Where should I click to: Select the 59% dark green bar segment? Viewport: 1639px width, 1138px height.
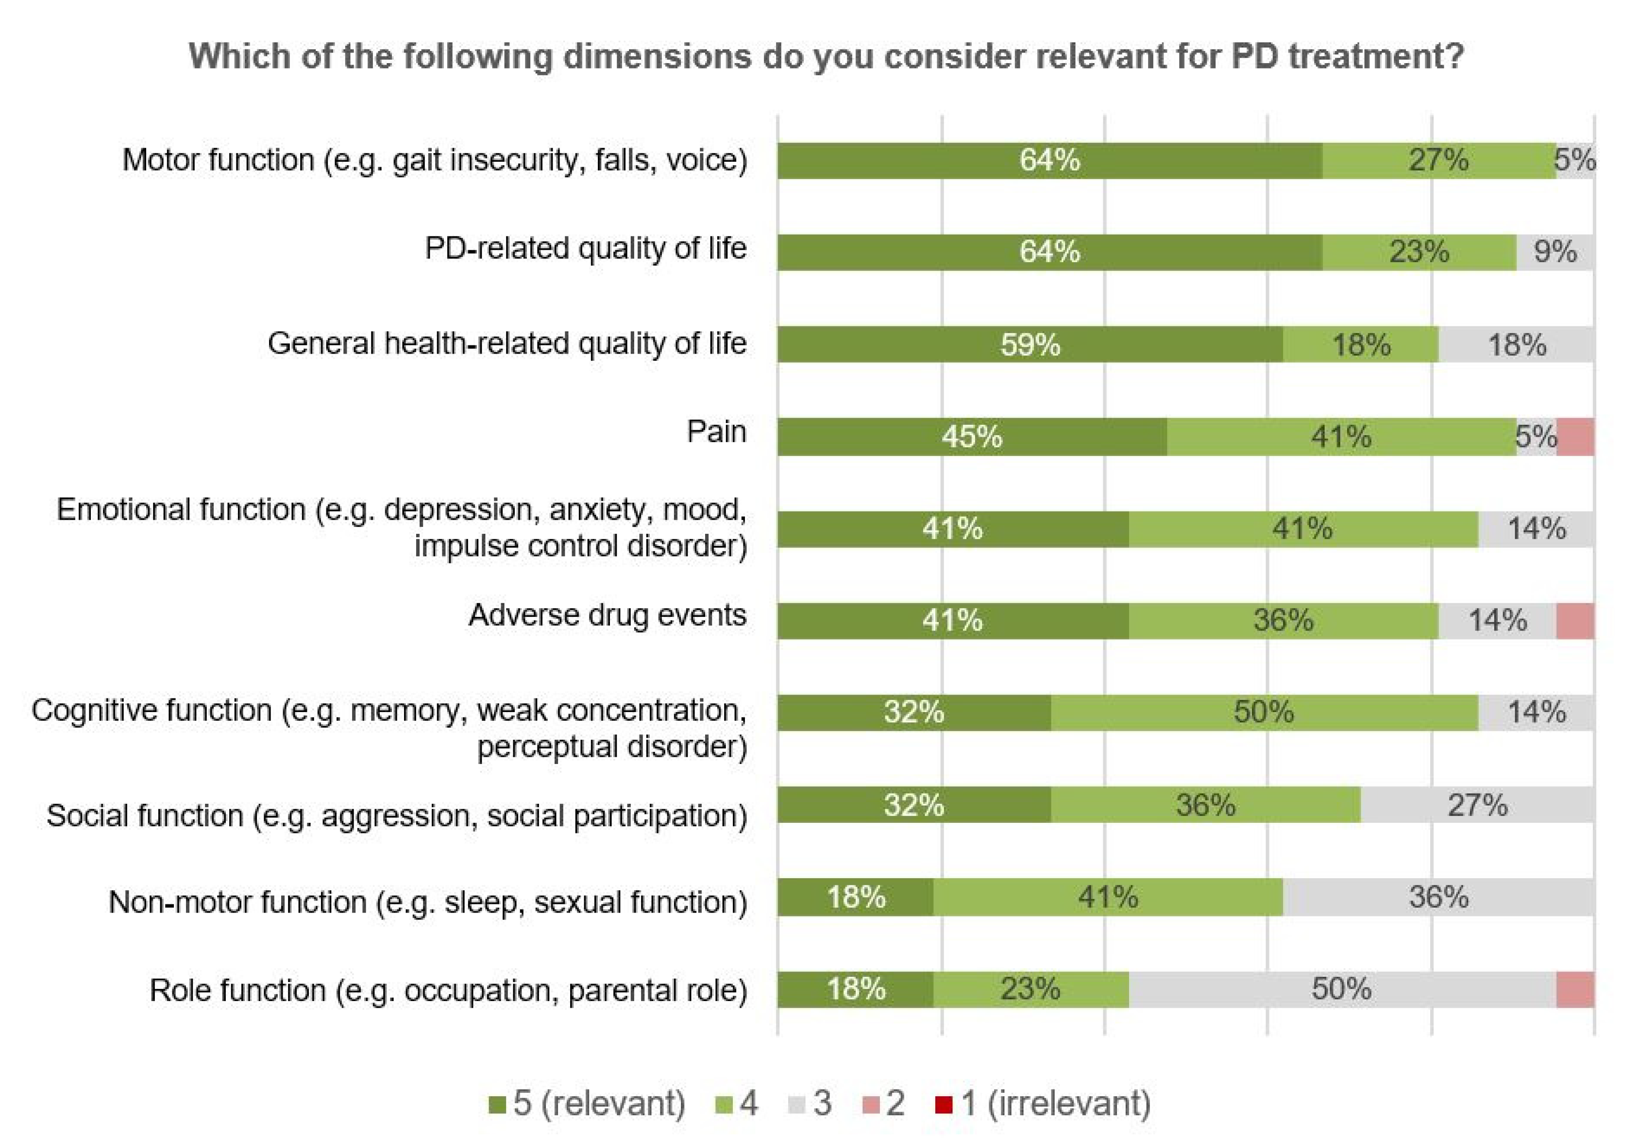click(x=1030, y=344)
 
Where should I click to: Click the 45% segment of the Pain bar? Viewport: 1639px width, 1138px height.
click(x=972, y=436)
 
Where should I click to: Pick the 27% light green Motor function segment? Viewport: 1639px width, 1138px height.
click(x=1438, y=160)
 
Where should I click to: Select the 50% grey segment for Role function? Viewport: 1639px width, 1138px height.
click(x=1341, y=989)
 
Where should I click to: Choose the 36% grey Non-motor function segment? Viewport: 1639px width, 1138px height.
click(x=1438, y=897)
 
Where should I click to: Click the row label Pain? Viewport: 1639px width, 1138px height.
click(x=716, y=431)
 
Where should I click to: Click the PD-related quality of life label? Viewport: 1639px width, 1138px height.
click(x=585, y=248)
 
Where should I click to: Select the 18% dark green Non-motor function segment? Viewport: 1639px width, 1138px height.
click(x=856, y=897)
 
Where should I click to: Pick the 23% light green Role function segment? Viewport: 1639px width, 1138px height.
click(x=1030, y=989)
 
